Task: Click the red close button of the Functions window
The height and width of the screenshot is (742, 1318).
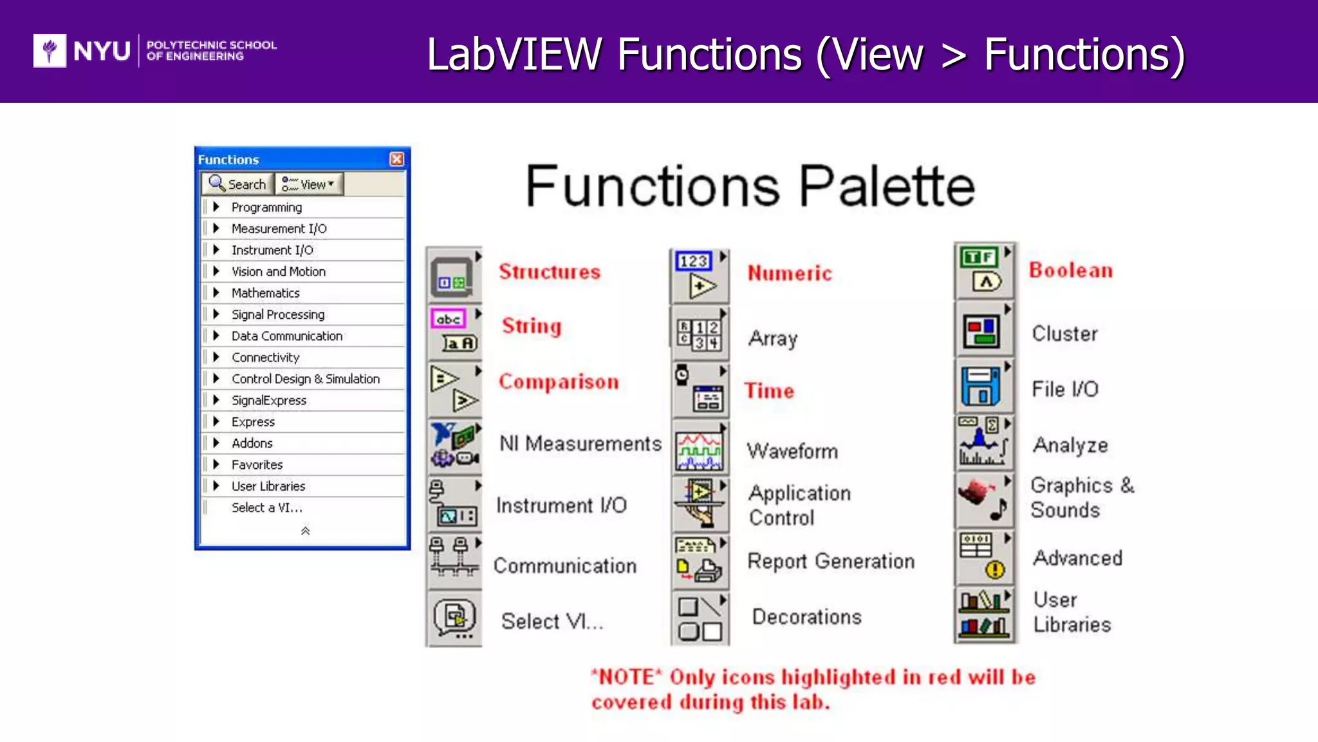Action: (397, 159)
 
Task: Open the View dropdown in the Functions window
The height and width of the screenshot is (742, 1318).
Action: (310, 184)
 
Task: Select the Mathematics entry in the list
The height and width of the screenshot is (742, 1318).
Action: (265, 293)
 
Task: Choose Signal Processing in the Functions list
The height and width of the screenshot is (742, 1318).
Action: (277, 314)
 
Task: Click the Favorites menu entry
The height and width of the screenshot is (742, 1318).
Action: (257, 464)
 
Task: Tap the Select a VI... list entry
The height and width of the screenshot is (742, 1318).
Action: (266, 508)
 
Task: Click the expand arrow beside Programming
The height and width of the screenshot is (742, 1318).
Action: (216, 207)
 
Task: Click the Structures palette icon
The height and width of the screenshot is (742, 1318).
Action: (453, 276)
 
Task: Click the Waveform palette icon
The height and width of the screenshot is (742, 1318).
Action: (700, 449)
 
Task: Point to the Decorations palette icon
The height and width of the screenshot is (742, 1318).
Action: (700, 618)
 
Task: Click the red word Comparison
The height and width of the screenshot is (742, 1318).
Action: (559, 382)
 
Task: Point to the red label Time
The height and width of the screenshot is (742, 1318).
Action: (769, 391)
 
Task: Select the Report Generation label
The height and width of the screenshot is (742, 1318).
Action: (831, 561)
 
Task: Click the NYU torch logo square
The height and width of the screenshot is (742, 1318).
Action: (50, 50)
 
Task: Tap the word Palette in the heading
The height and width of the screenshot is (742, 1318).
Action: (887, 186)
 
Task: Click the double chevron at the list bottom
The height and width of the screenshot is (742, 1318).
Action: (305, 531)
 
